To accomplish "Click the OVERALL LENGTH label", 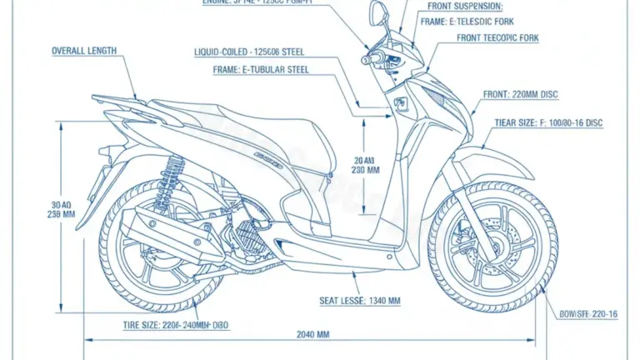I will point(84,51).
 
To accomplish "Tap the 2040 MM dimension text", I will point(312,334).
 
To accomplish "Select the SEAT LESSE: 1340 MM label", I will point(360,299).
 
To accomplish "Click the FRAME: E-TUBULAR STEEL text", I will point(261,70).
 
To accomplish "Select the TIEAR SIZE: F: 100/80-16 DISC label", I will point(547,122).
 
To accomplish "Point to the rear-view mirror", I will point(377,13).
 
